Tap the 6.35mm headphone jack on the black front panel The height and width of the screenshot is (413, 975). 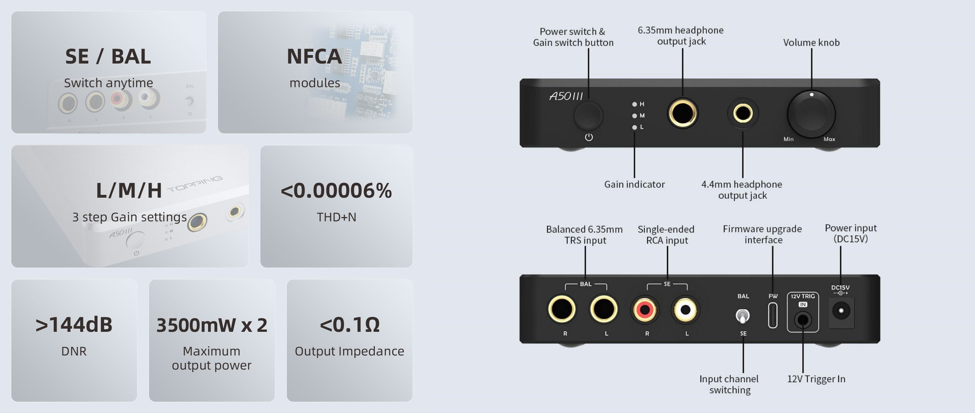tap(682, 113)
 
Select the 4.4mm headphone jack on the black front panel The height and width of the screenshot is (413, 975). tap(743, 113)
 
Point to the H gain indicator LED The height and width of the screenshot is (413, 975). tap(634, 104)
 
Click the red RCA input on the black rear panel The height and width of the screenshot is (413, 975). tap(645, 310)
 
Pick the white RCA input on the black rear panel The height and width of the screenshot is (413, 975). tap(685, 310)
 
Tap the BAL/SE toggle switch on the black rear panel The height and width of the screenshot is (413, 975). tap(743, 316)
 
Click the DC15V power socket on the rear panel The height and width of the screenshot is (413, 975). tap(841, 311)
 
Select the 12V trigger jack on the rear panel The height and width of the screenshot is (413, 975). tap(802, 320)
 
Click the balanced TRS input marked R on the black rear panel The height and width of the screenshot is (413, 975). tap(562, 309)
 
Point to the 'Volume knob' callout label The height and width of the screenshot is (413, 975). tap(811, 42)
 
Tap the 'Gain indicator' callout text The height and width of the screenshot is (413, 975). tap(634, 184)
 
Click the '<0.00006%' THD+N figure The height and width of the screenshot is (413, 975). tap(336, 191)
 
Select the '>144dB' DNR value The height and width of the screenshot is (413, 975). tap(74, 325)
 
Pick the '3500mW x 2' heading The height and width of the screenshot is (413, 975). tap(212, 325)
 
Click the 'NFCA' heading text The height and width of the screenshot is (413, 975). tap(314, 57)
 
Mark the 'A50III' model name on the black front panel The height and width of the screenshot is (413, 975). tap(566, 96)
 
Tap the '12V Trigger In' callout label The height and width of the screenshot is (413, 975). tap(816, 379)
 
